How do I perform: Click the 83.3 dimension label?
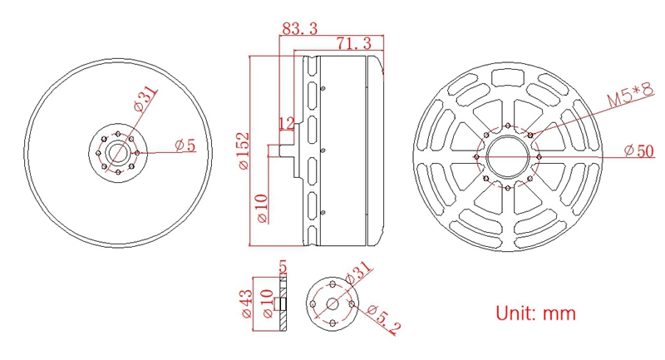[x=300, y=28]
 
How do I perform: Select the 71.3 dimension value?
[x=354, y=43]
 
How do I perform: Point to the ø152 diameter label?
[x=244, y=151]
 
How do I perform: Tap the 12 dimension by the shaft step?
[x=286, y=123]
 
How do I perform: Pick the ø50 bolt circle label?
[x=639, y=150]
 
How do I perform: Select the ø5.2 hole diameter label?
[x=383, y=319]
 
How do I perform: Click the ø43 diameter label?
[x=246, y=303]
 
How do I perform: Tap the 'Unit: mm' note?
[x=535, y=313]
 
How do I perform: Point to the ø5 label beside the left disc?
[x=185, y=145]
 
